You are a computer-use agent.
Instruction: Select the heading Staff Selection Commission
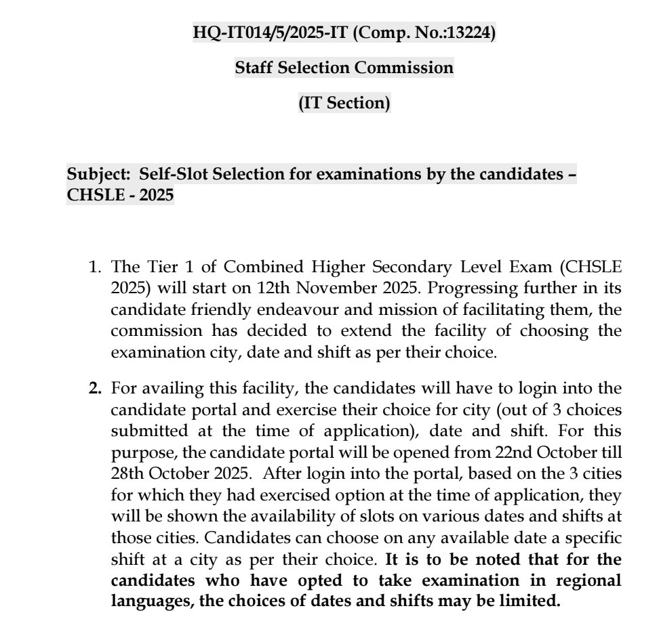pyautogui.click(x=344, y=68)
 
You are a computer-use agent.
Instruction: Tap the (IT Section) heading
pyautogui.click(x=344, y=104)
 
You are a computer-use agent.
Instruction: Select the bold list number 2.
pyautogui.click(x=95, y=389)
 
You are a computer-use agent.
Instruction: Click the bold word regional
pyautogui.click(x=588, y=580)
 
